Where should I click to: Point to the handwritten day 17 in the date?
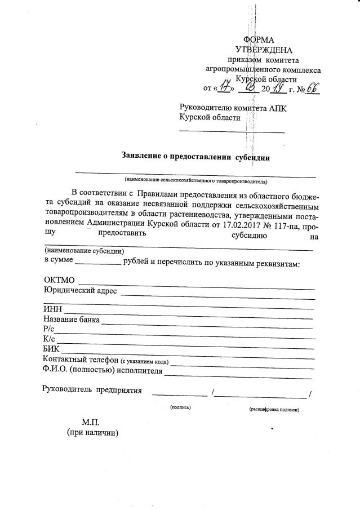pos(226,88)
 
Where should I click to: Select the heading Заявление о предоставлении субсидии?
pos(195,157)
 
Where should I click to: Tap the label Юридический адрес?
pos(80,291)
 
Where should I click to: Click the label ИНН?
pos(52,309)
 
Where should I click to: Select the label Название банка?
pos(72,320)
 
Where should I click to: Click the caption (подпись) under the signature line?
pos(180,407)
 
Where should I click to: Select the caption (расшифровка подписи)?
pos(274,410)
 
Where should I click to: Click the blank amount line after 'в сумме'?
pos(97,264)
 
